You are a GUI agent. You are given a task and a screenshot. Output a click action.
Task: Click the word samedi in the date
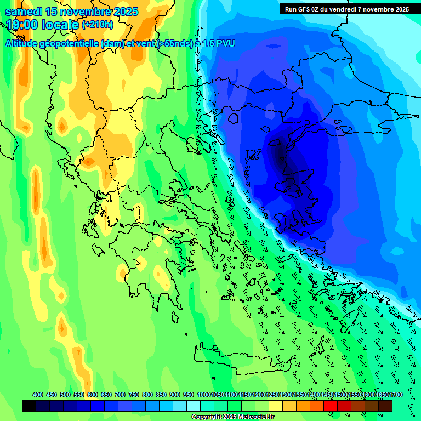coord(24,12)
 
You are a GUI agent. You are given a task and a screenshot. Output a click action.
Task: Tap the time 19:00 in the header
coord(23,25)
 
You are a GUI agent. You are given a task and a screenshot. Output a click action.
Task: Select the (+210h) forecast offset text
coord(97,25)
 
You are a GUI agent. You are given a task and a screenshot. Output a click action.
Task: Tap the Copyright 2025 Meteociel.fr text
coord(233,417)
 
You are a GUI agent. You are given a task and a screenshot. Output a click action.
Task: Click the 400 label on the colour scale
coord(38,395)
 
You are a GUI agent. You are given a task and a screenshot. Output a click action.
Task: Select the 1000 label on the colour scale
coord(203,395)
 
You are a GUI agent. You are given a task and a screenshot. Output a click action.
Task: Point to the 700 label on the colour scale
coord(120,395)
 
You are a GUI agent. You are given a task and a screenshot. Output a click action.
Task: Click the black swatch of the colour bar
coord(29,406)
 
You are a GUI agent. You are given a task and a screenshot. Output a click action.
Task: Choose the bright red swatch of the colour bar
coord(331,406)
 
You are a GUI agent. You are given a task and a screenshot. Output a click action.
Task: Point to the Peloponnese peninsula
coord(151,274)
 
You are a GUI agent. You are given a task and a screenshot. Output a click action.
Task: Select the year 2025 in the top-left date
coord(126,12)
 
